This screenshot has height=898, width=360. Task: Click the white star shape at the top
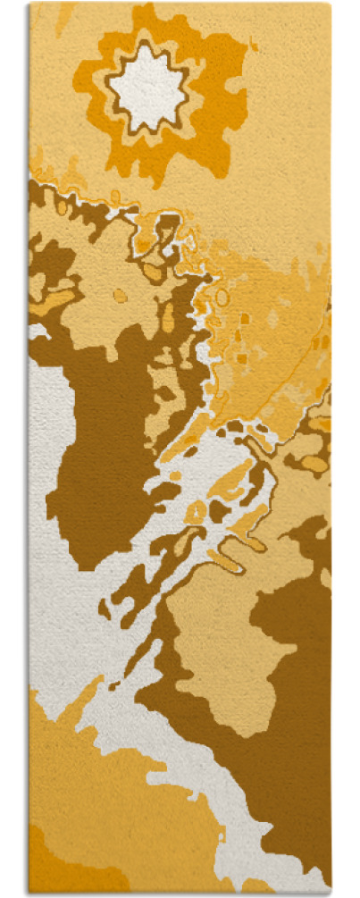pos(147,87)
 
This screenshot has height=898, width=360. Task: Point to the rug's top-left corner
pos(29,4)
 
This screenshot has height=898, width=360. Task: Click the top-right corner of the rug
pos(331,4)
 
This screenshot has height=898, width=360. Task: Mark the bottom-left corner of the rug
pos(29,893)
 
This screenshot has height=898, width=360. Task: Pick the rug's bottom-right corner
pos(331,893)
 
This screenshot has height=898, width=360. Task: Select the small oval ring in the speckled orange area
pos(222,297)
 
